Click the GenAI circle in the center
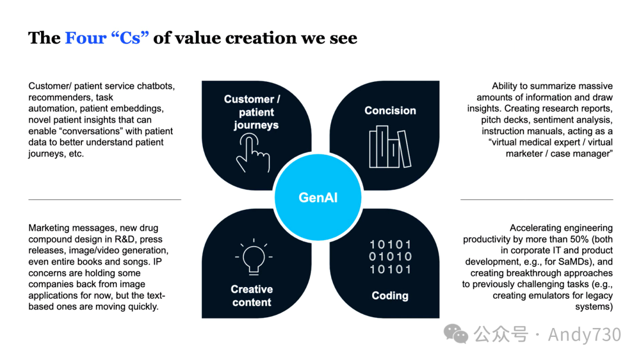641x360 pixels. click(318, 197)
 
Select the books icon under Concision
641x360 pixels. click(389, 146)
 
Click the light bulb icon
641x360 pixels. click(253, 256)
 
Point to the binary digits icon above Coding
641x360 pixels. click(390, 257)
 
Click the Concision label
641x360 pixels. click(390, 110)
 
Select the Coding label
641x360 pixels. click(390, 295)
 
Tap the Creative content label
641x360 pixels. click(252, 295)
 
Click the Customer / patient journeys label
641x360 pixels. click(252, 112)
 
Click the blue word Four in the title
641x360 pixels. click(85, 38)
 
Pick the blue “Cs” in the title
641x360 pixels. click(129, 38)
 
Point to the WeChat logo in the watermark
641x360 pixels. click(456, 334)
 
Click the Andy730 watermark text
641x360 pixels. click(584, 334)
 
